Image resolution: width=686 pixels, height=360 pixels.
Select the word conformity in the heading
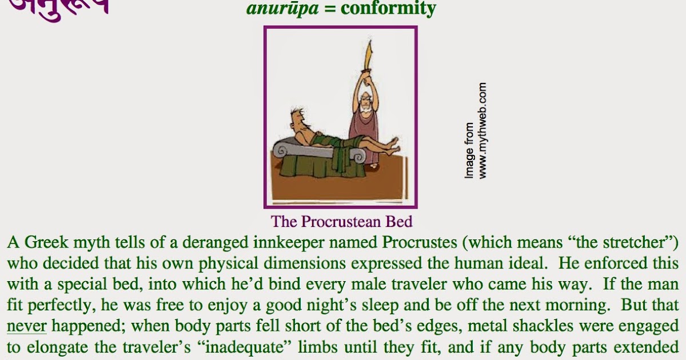click(388, 9)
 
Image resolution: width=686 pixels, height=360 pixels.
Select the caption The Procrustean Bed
click(341, 221)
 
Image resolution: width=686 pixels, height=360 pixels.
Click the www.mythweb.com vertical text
click(483, 131)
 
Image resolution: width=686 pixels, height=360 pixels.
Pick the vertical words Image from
click(469, 150)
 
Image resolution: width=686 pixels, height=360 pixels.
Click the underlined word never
click(26, 326)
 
